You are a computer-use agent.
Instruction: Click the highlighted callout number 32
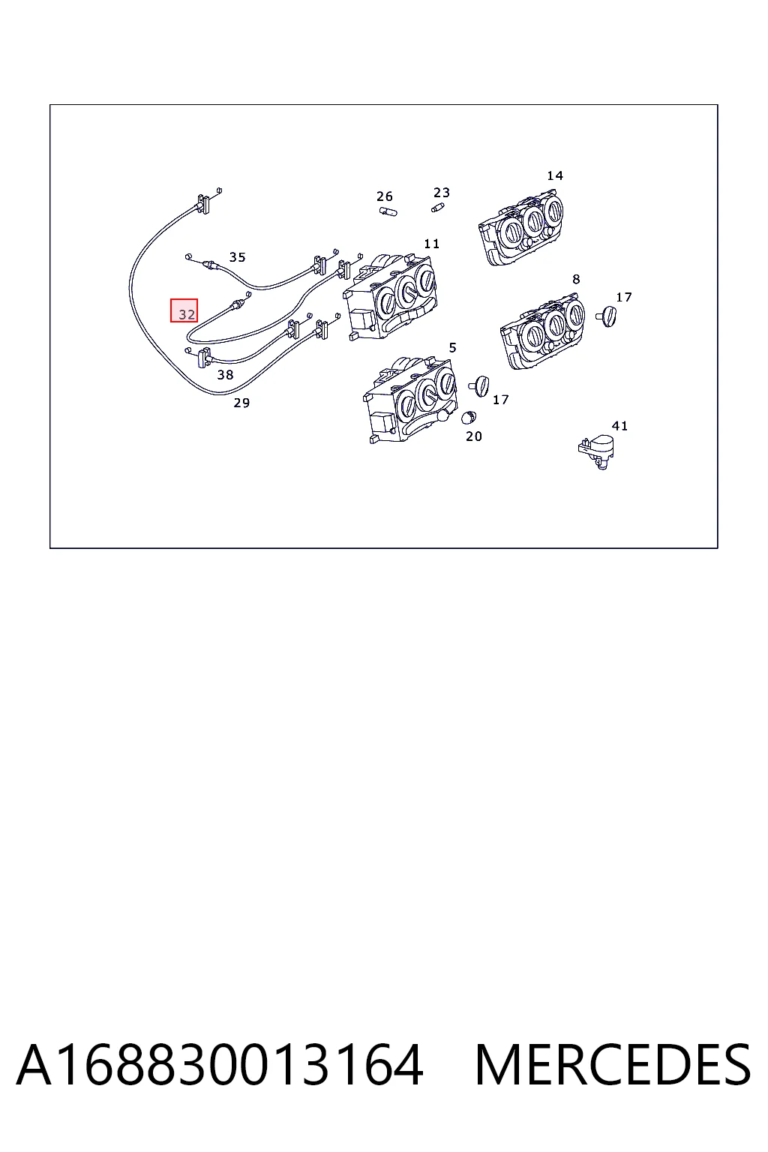(x=187, y=314)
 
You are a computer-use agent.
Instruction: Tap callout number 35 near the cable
(x=237, y=256)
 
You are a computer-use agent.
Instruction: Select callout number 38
(x=225, y=375)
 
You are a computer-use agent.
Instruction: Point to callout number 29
(x=241, y=403)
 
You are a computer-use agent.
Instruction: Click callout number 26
(x=384, y=196)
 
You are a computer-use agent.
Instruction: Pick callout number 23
(x=441, y=192)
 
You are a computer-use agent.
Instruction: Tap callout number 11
(x=431, y=243)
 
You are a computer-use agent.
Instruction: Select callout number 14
(x=555, y=175)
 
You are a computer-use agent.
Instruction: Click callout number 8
(x=576, y=279)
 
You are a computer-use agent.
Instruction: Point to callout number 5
(x=453, y=348)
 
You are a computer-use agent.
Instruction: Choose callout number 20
(x=474, y=436)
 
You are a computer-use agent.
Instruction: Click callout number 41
(x=619, y=426)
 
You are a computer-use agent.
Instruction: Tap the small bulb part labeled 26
(x=388, y=211)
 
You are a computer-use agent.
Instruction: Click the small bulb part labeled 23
(x=437, y=207)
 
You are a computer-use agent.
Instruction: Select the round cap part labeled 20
(x=469, y=417)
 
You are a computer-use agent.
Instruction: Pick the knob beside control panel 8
(x=607, y=316)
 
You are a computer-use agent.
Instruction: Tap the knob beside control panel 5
(x=479, y=386)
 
